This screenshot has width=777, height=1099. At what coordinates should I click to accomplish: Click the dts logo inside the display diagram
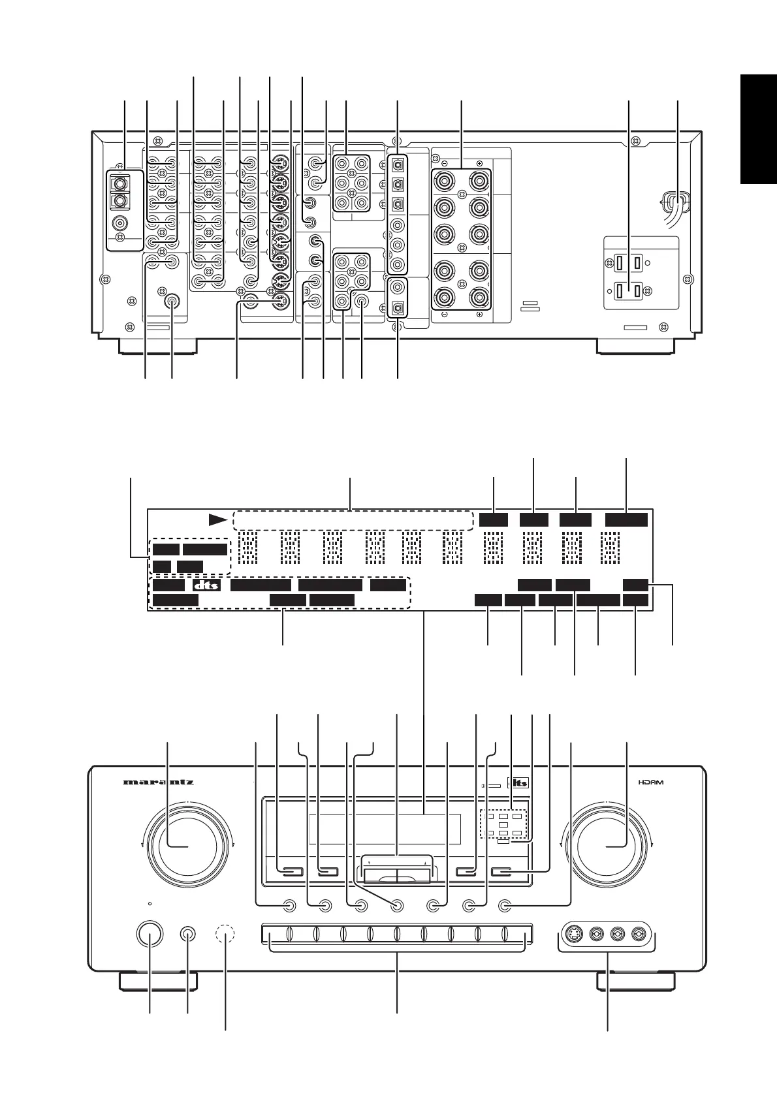click(x=206, y=585)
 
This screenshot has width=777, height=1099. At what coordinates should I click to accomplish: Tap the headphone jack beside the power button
click(x=188, y=933)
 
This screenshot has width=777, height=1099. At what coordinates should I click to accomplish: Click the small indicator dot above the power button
click(x=150, y=904)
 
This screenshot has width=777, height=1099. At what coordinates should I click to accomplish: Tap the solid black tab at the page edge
click(x=758, y=131)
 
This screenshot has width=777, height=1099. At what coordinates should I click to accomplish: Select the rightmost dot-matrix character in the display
click(x=610, y=547)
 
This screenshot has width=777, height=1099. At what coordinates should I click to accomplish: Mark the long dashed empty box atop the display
click(x=352, y=520)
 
